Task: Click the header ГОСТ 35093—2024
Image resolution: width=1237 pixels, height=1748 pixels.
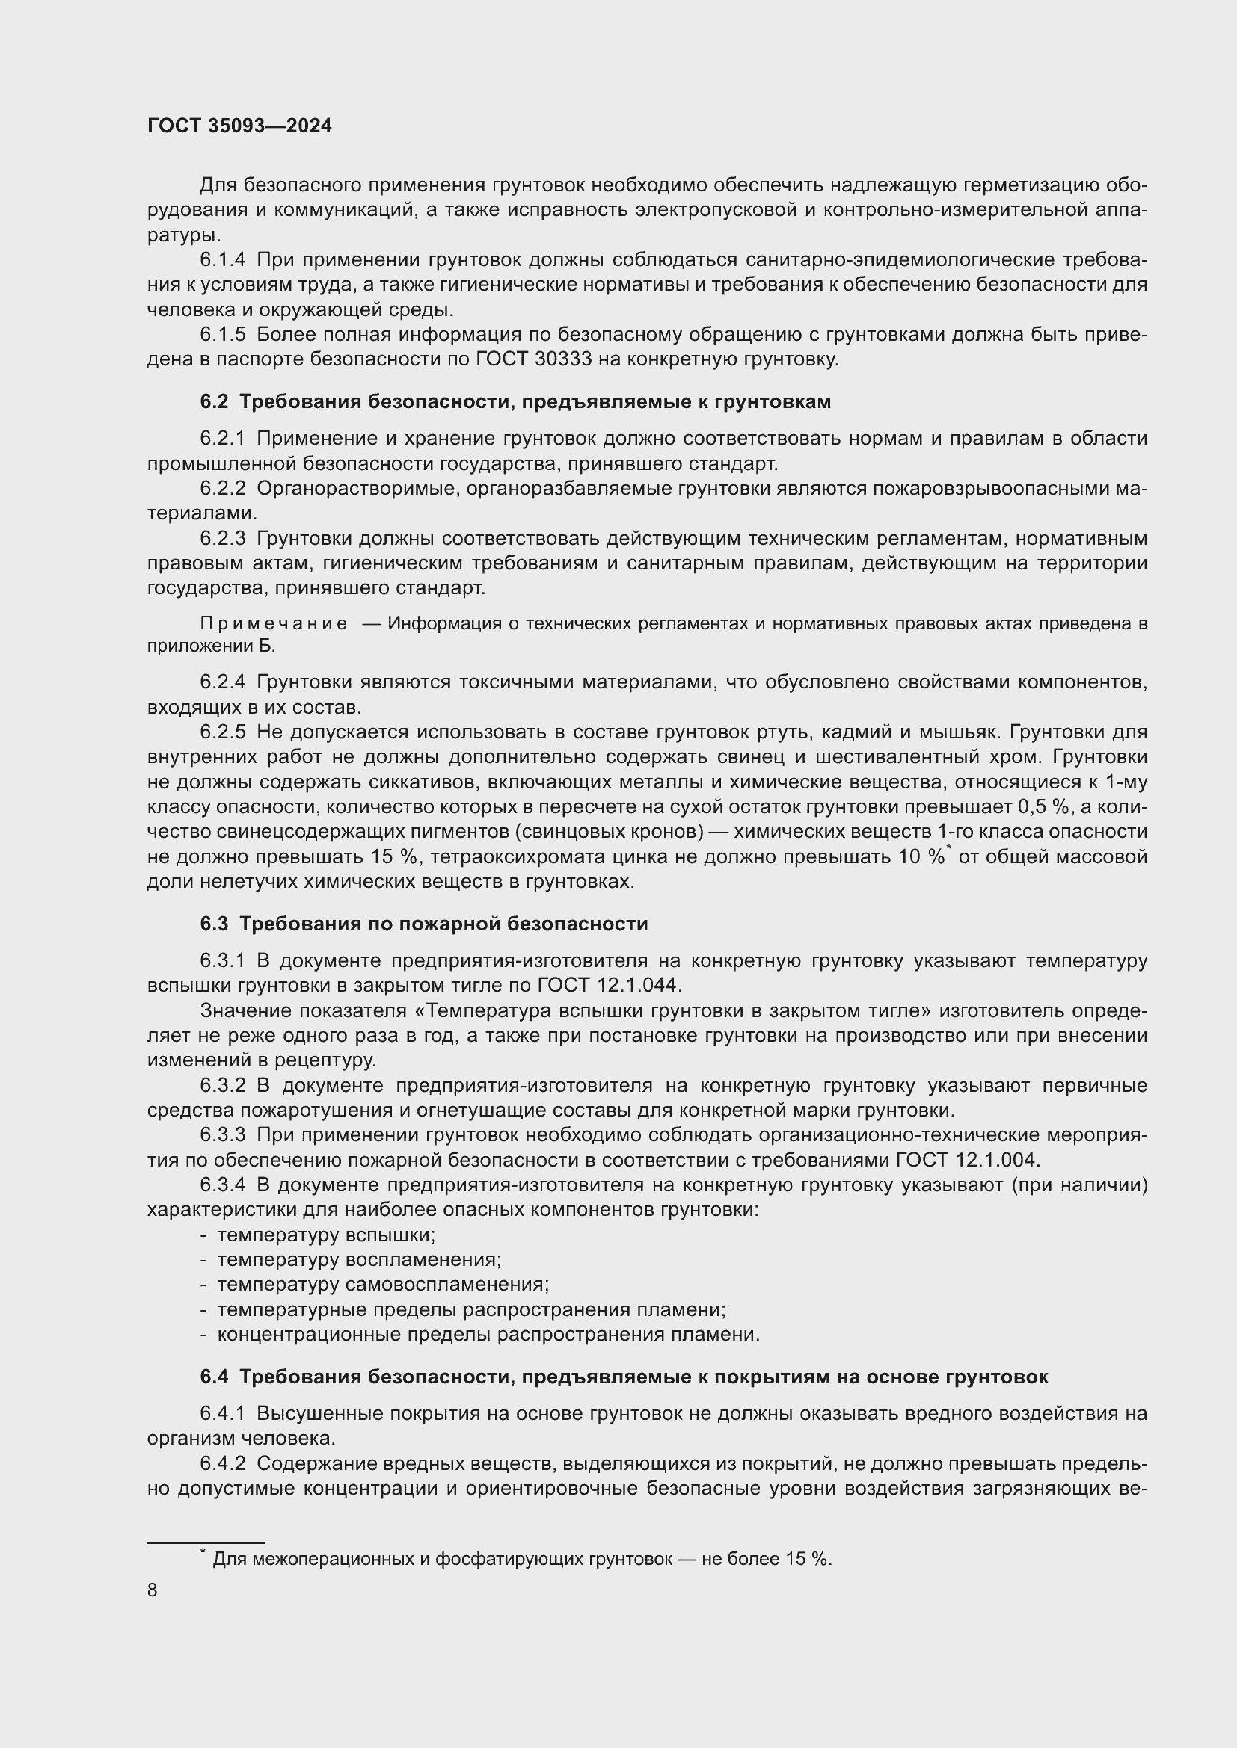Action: [x=239, y=126]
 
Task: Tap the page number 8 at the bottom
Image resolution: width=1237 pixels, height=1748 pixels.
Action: [x=153, y=1590]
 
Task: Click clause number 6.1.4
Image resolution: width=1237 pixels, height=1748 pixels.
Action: [x=222, y=260]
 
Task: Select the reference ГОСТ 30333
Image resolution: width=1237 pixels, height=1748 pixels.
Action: [x=533, y=359]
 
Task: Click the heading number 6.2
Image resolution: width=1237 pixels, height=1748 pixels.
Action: [x=214, y=401]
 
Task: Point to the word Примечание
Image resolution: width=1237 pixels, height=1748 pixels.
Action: [x=274, y=623]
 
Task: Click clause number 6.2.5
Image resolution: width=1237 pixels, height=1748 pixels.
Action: [x=222, y=732]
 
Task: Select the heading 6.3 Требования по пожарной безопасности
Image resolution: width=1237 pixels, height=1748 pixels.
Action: [x=423, y=924]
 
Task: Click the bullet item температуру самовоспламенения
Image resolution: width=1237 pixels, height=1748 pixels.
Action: [x=382, y=1285]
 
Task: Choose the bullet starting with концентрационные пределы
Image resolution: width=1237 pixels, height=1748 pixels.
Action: [x=488, y=1335]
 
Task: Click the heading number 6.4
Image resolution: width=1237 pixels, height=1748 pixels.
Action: [x=214, y=1377]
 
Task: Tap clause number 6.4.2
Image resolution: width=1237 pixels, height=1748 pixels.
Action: [x=222, y=1463]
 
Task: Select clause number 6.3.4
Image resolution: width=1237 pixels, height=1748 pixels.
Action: [x=222, y=1185]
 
